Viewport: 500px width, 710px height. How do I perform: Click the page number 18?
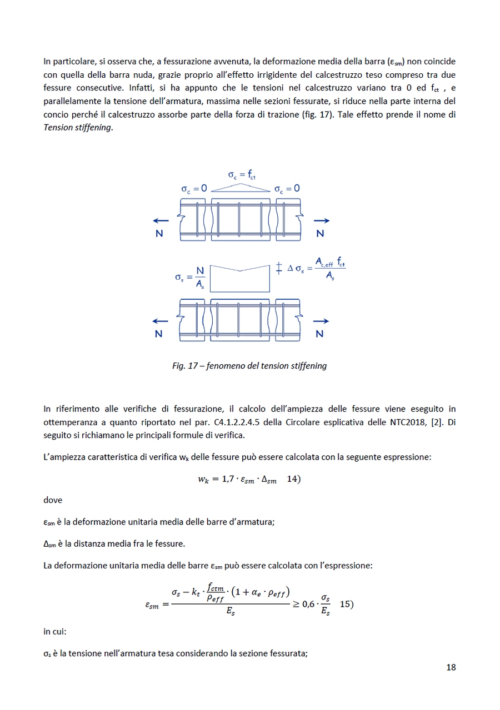(x=451, y=667)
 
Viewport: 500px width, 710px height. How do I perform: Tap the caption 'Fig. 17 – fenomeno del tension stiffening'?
(x=249, y=366)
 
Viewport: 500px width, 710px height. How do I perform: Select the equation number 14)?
(x=294, y=479)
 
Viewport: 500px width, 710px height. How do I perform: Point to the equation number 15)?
(x=346, y=605)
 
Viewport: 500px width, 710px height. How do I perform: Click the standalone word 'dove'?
(x=53, y=500)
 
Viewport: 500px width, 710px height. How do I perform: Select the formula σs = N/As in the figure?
(x=190, y=276)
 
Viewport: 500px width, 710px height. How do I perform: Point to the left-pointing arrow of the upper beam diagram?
(x=162, y=221)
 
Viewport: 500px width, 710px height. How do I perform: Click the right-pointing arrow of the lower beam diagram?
(x=321, y=321)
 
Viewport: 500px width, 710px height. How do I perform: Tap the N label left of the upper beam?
(x=159, y=234)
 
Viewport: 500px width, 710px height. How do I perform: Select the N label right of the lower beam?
(x=319, y=334)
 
